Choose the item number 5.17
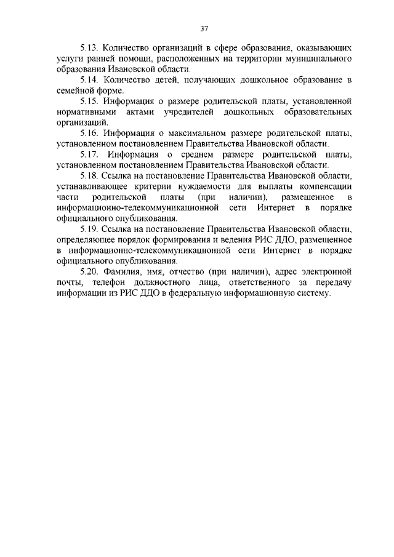point(91,154)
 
